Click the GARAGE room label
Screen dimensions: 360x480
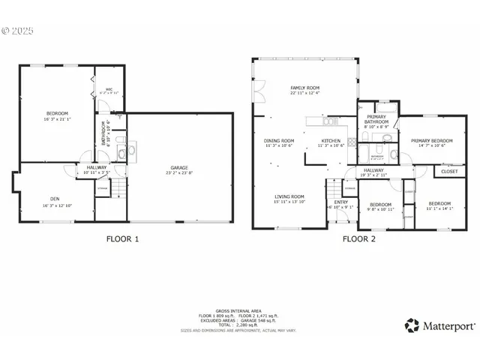coord(178,167)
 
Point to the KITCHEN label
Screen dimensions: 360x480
coord(331,140)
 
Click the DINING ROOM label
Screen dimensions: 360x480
coord(278,140)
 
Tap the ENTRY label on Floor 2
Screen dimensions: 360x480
coord(340,202)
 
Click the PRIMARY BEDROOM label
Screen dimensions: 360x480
coord(431,140)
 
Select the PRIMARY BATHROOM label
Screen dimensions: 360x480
coord(376,119)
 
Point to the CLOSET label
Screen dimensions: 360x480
coord(448,172)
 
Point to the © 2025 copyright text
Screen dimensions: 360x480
coord(19,31)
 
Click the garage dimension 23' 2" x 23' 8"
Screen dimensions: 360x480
coord(178,173)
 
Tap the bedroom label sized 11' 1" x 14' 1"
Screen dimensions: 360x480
coord(439,208)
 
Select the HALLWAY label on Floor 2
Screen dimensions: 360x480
coord(373,170)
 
